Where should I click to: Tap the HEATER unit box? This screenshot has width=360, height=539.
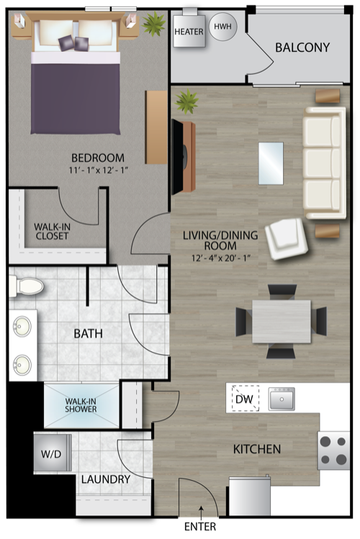189,32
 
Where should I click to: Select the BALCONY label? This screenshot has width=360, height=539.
302,47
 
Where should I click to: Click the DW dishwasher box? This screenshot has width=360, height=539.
243,398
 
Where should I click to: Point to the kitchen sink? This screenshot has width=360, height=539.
282,398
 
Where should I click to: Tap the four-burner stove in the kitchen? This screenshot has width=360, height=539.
333,450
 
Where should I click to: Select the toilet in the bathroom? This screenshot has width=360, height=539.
26,286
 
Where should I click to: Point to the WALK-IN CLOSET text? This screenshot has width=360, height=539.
52,232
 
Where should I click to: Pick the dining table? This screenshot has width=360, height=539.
282,321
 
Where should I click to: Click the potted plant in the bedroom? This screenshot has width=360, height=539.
154,24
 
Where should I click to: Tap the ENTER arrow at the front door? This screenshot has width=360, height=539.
201,513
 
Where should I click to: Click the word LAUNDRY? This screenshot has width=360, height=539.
105,479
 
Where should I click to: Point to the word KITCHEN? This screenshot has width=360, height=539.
256,449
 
